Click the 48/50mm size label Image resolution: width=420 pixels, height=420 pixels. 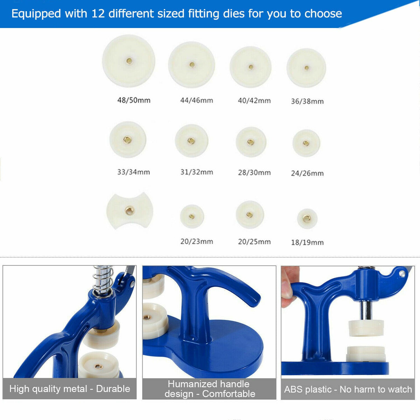(134, 100)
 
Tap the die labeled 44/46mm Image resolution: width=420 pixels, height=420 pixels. (191, 65)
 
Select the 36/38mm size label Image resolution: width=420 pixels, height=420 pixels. (307, 101)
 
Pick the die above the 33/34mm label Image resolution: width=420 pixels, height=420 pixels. (128, 140)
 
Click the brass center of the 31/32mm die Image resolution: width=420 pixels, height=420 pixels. (191, 141)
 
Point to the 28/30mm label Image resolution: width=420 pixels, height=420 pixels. (254, 173)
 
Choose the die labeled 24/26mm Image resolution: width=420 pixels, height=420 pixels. (306, 143)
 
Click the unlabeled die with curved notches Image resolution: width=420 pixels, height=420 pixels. (130, 211)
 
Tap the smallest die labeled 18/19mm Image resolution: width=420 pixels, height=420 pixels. (307, 218)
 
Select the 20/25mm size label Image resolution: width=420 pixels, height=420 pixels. (254, 241)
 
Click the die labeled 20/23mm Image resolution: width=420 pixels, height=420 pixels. (192, 216)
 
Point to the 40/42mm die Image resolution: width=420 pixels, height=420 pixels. (251, 67)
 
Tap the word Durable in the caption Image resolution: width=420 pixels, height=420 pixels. (113, 388)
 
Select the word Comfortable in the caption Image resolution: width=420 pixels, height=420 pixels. (229, 394)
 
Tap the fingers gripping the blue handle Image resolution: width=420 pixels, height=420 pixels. (288, 287)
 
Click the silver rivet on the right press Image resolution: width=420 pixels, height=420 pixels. (402, 274)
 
